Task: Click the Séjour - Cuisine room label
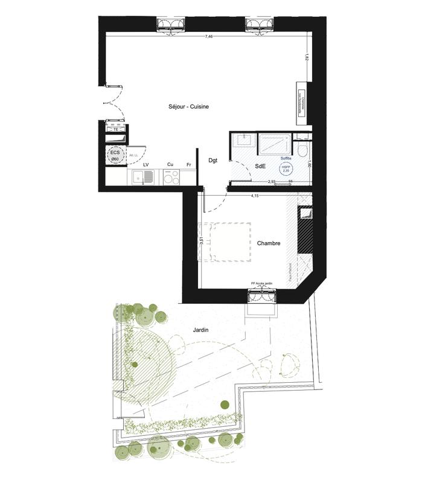click(188, 107)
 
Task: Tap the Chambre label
click(268, 243)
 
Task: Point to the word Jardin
click(202, 330)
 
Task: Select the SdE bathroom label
click(261, 166)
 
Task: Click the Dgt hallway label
click(213, 160)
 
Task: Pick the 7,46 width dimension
click(208, 37)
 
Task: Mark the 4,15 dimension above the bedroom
click(255, 196)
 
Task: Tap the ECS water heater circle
click(114, 155)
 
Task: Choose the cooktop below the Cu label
click(171, 178)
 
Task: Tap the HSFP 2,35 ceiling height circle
click(285, 170)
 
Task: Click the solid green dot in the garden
click(225, 404)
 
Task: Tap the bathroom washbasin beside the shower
click(243, 142)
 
